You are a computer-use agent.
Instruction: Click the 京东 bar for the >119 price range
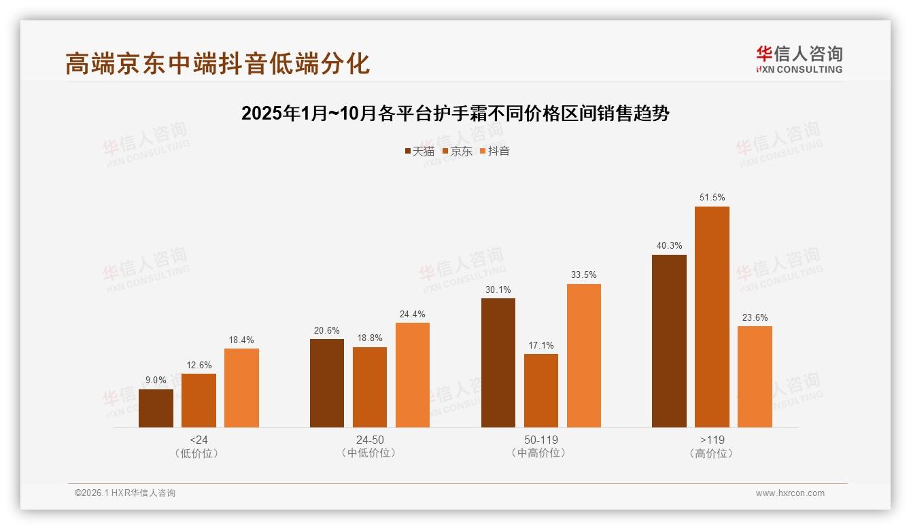click(712, 317)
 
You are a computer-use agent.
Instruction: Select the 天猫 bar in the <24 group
click(156, 408)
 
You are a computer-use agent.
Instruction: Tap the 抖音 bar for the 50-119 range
click(583, 355)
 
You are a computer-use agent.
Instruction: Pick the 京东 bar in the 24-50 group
click(370, 387)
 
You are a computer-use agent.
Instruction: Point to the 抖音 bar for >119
click(755, 376)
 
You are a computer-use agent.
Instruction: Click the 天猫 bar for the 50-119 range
click(498, 363)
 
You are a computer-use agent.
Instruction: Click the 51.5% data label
click(712, 198)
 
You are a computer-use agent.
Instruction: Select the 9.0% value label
click(156, 381)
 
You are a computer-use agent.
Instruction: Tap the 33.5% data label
click(583, 275)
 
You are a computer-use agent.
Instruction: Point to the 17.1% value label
click(540, 345)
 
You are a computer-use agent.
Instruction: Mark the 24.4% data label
click(413, 314)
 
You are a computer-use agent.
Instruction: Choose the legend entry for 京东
click(457, 151)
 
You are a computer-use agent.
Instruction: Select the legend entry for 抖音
click(494, 151)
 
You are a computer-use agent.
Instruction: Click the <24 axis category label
click(199, 440)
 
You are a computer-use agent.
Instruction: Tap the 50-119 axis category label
click(540, 440)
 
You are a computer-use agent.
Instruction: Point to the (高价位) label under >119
click(712, 453)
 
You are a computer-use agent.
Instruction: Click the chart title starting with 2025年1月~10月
click(455, 113)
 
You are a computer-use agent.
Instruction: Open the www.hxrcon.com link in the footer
click(789, 493)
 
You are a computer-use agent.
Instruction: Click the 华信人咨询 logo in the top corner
click(799, 59)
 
